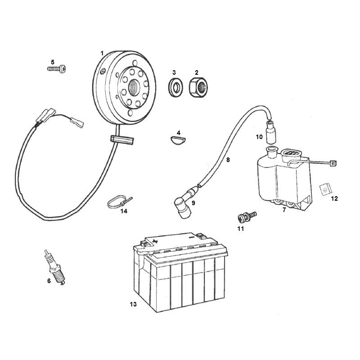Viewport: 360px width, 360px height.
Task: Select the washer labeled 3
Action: click(175, 87)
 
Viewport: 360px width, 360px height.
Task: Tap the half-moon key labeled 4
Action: click(178, 139)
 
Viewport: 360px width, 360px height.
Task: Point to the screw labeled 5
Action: click(57, 69)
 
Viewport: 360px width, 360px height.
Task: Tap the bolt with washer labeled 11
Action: click(247, 216)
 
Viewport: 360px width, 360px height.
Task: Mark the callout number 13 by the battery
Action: click(133, 305)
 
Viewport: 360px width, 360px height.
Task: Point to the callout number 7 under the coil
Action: click(284, 210)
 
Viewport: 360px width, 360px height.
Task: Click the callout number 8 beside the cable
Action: click(228, 160)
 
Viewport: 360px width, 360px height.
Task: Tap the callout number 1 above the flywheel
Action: click(102, 54)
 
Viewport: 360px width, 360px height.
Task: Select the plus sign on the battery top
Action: click(155, 241)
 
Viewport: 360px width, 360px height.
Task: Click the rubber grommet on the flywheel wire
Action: click(122, 140)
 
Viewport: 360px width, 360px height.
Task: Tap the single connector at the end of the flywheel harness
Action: click(77, 122)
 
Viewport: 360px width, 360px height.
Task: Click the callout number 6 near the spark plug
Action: click(49, 281)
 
